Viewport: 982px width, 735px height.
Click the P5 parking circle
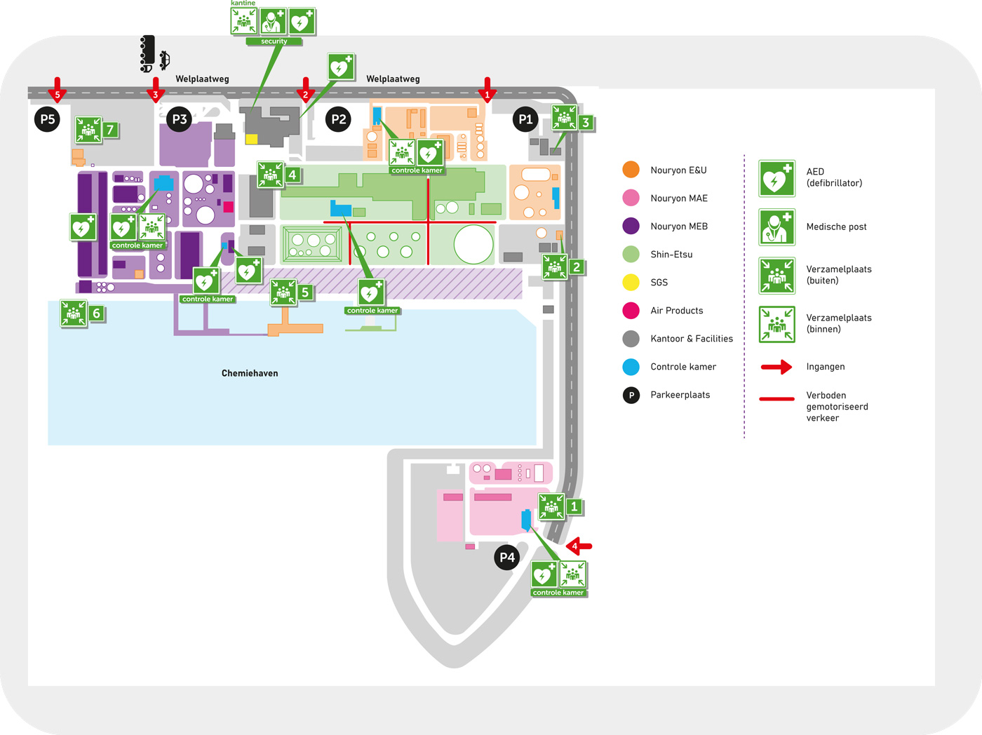[48, 119]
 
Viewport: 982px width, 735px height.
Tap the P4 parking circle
[507, 557]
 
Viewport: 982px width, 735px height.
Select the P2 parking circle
[338, 119]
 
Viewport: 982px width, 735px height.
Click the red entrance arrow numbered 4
[579, 546]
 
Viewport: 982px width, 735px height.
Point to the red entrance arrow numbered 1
[487, 90]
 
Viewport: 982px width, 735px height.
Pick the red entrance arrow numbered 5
[58, 90]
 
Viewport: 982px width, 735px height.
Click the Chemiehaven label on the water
[250, 373]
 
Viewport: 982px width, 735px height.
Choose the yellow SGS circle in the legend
[631, 282]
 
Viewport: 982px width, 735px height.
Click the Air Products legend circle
[631, 311]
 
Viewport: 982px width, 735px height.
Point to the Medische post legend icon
[776, 227]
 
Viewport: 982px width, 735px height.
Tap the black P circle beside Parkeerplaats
[631, 395]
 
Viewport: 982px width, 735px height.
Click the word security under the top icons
[274, 41]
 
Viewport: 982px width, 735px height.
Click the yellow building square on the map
[251, 139]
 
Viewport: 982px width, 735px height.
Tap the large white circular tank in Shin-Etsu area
[473, 244]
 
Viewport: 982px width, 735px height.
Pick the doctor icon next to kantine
[273, 21]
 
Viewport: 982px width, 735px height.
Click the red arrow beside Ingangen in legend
[776, 367]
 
